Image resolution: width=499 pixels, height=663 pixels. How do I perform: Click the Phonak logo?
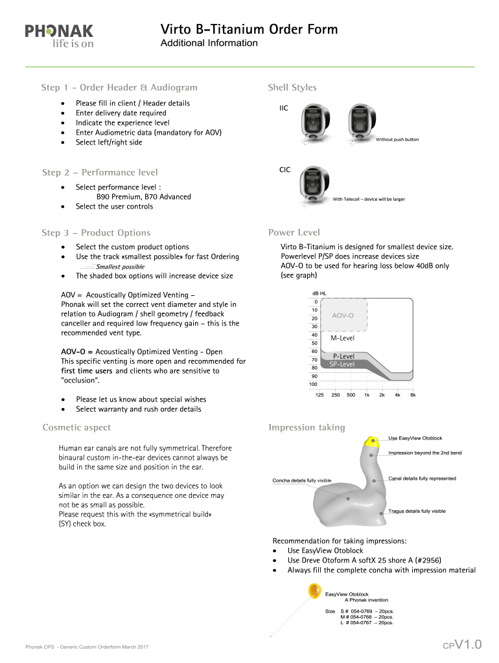click(x=59, y=35)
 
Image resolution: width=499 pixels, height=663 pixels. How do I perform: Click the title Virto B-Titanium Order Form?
click(x=249, y=30)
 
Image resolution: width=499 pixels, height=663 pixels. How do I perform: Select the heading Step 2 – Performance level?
click(x=100, y=172)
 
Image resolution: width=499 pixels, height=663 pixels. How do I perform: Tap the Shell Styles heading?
click(x=292, y=87)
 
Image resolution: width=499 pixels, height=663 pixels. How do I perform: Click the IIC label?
click(x=284, y=108)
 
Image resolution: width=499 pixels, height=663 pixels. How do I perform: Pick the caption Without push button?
click(x=397, y=139)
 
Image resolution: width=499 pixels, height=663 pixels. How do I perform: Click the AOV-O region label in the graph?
click(x=343, y=315)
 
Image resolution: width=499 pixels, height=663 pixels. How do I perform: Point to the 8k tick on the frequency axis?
click(x=412, y=394)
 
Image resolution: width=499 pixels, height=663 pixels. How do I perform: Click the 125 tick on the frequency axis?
click(x=319, y=394)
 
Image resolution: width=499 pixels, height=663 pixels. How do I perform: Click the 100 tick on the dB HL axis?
click(x=313, y=385)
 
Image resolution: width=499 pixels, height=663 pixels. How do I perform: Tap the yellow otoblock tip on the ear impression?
click(x=372, y=442)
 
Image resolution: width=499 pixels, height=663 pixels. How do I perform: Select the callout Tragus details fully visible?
click(x=417, y=511)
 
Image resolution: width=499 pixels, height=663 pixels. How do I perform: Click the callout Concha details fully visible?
click(x=301, y=480)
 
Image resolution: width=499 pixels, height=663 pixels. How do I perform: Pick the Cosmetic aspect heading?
click(x=76, y=427)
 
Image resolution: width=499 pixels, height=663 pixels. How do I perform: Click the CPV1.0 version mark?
click(x=462, y=644)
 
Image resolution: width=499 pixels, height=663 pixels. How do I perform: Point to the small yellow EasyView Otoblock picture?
click(x=314, y=590)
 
